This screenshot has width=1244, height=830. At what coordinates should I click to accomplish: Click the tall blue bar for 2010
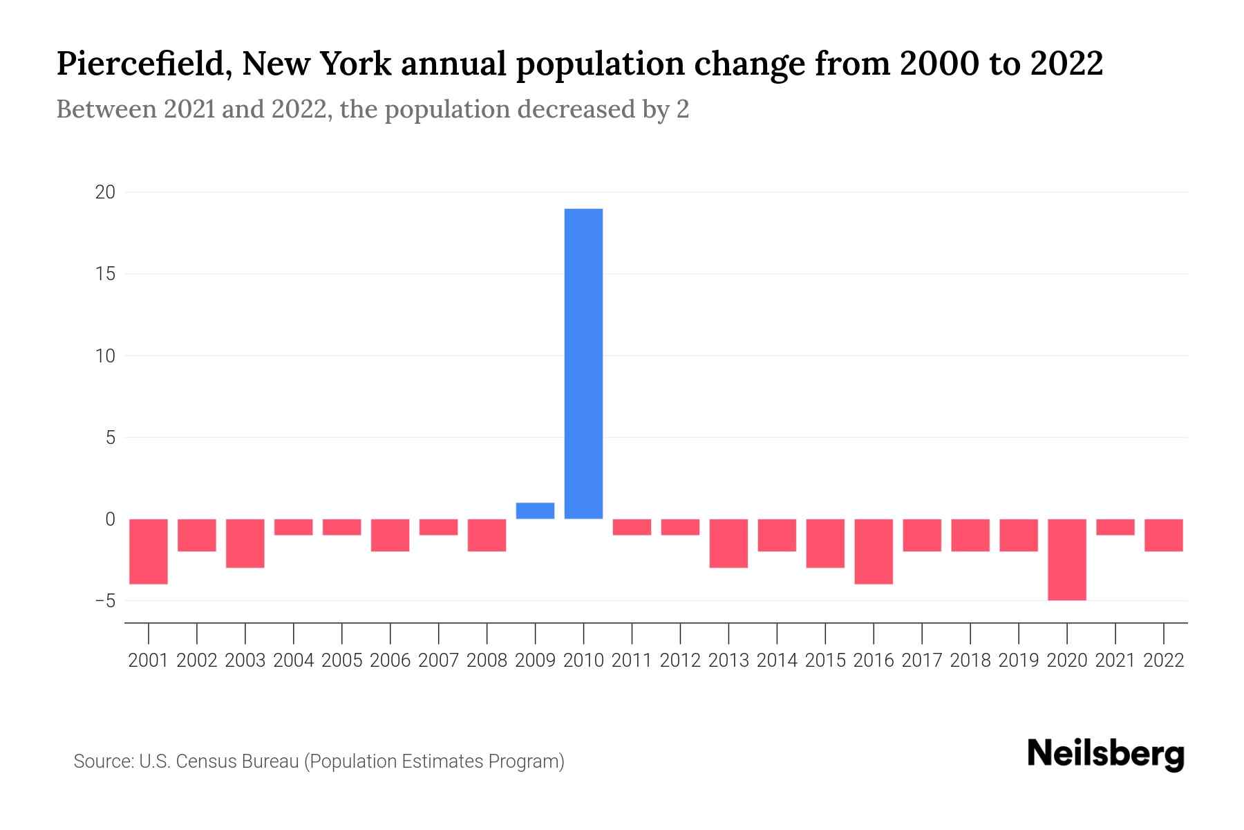coord(583,363)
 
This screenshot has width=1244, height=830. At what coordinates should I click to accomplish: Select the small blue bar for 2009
coord(535,510)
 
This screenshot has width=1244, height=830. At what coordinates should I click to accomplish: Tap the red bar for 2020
coord(1067,559)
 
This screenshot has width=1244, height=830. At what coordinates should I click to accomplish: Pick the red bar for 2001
coord(149,551)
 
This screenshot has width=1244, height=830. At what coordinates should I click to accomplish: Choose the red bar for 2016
coord(874,551)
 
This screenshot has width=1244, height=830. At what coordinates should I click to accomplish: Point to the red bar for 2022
coord(1164,535)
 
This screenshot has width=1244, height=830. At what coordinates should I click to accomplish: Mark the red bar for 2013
coord(728,543)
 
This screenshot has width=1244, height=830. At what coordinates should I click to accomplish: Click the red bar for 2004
coord(294,527)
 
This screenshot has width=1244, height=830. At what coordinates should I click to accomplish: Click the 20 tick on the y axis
coord(105,192)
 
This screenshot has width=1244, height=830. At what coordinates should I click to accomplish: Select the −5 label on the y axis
coord(105,601)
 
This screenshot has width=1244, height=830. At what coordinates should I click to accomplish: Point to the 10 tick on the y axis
coord(105,356)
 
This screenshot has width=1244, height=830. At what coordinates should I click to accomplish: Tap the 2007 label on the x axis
coord(438,661)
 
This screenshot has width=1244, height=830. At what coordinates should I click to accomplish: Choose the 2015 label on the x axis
coord(825,661)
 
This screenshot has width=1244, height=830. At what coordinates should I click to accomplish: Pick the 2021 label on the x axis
coord(1115,661)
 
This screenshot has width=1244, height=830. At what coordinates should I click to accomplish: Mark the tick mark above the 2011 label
coord(632,632)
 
